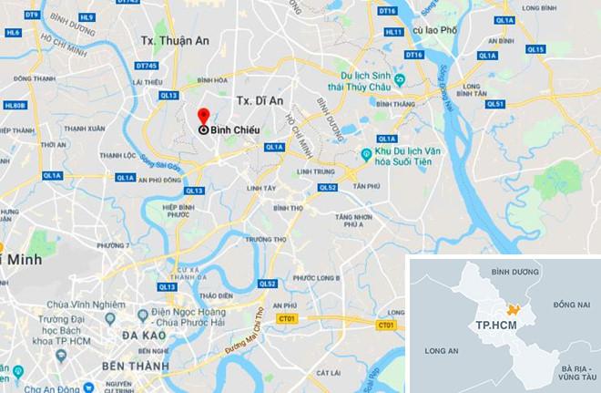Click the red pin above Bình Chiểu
pos(203,115)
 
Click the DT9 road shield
pos(33,16)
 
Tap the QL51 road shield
pos(494,104)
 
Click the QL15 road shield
pos(535,49)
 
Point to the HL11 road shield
pos(393,32)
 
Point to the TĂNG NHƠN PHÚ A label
pos(353,222)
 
